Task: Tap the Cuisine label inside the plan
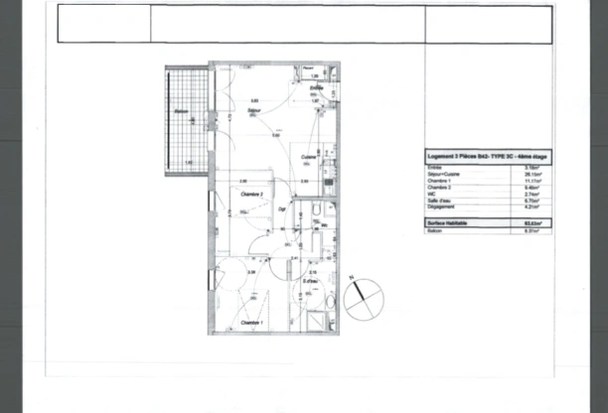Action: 309,158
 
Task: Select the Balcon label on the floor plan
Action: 182,111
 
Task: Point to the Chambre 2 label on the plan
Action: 250,196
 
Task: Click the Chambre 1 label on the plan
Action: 252,323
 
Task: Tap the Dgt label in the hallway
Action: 283,210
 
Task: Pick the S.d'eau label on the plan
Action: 310,281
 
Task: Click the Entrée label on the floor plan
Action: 316,88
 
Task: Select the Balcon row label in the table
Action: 434,231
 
